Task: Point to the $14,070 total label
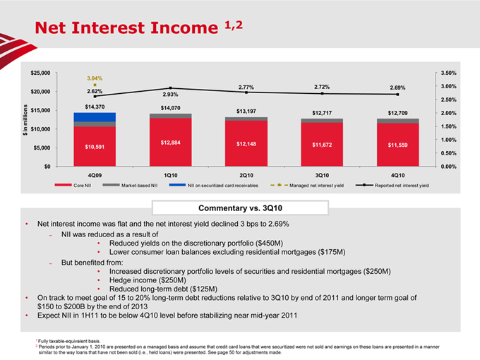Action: click(170, 107)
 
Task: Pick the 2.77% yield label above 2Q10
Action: click(246, 87)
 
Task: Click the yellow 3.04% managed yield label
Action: click(95, 78)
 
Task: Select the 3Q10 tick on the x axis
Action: click(322, 174)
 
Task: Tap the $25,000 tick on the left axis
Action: click(41, 73)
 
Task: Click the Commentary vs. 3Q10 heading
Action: click(239, 207)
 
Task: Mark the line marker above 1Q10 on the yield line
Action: click(170, 88)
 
